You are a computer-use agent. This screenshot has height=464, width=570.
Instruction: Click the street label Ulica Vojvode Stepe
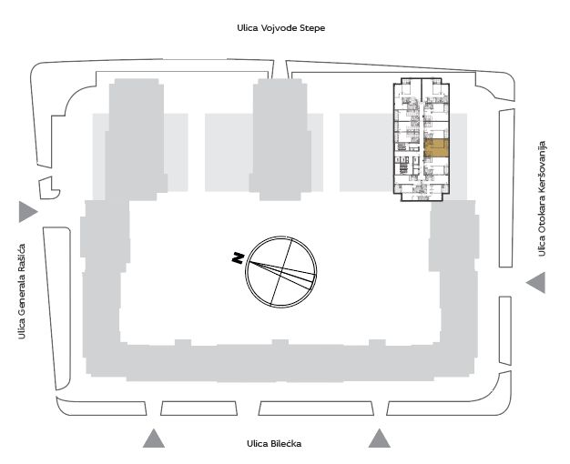281,28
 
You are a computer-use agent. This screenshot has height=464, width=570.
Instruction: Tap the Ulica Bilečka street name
274,444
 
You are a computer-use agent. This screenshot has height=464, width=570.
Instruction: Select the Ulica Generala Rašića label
22,291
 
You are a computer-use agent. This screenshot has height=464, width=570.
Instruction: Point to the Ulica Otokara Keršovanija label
542,198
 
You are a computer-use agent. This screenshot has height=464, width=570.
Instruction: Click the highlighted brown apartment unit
436,148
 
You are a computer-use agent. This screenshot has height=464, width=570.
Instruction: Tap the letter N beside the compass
238,257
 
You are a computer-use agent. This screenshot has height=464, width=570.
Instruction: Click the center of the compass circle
281,272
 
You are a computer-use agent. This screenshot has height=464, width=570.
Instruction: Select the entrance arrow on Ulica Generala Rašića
28,211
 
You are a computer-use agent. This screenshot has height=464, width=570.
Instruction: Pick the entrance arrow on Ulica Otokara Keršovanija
535,282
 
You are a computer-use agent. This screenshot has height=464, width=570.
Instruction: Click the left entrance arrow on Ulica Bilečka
154,439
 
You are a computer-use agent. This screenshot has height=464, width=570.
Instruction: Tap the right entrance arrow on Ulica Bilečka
380,439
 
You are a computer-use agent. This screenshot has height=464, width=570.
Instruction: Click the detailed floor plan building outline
422,139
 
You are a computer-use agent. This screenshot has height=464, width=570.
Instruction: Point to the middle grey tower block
280,139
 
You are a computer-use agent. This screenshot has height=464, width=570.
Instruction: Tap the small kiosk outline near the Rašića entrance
48,187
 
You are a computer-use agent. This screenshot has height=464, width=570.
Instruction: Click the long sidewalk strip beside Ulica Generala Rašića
57,308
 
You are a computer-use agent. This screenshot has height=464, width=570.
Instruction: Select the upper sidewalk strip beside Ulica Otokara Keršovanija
506,188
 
